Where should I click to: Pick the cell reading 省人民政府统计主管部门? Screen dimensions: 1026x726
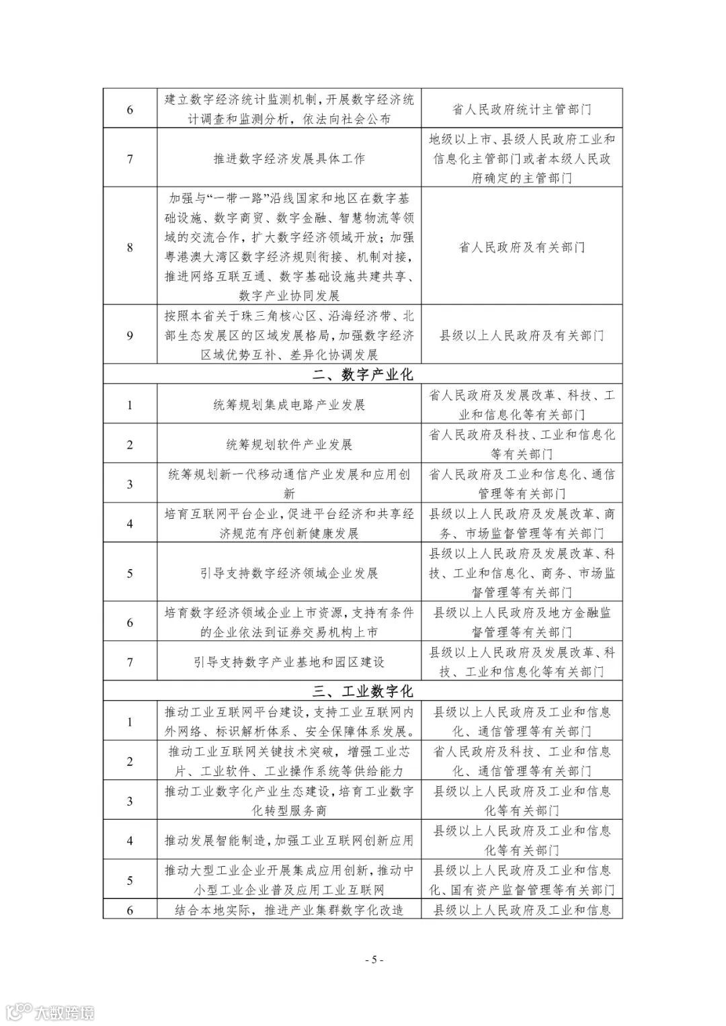[x=522, y=109]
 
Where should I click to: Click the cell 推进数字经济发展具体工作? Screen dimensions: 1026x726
[x=289, y=159]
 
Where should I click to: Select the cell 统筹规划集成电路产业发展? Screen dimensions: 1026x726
[x=289, y=404]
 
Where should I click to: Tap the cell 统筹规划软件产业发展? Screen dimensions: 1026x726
[x=289, y=444]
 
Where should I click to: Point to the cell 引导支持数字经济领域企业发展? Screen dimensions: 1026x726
[x=289, y=573]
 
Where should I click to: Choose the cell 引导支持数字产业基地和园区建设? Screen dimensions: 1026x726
[x=289, y=662]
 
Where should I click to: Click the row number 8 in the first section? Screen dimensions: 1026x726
[x=130, y=247]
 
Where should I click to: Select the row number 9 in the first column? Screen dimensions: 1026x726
[x=130, y=335]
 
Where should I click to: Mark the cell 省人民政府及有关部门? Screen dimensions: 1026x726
[x=522, y=247]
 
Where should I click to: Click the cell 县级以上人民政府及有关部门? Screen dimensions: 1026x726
[x=522, y=335]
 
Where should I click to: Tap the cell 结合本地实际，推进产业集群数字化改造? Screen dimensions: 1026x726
[x=289, y=910]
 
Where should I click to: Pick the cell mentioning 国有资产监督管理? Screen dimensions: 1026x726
[x=522, y=880]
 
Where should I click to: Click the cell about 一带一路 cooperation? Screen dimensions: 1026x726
[x=289, y=247]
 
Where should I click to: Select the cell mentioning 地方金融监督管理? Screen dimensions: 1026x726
[x=522, y=622]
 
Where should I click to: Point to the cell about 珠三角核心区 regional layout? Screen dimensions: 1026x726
[x=289, y=335]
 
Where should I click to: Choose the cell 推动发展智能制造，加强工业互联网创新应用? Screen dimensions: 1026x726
[x=289, y=841]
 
